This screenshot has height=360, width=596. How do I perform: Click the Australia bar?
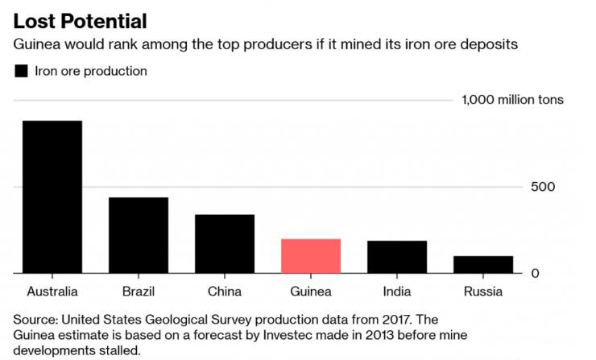(52, 197)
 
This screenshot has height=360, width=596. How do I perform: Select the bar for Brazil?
(139, 235)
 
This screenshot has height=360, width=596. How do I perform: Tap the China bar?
(225, 244)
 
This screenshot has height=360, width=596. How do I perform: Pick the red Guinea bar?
(311, 256)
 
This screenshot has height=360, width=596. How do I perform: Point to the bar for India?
(397, 257)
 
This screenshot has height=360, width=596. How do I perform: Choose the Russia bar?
(483, 265)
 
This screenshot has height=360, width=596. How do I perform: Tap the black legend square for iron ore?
(22, 71)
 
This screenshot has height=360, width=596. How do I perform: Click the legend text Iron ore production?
(91, 71)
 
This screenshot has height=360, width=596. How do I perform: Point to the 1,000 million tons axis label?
(512, 100)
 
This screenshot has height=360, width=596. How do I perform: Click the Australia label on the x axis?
(52, 291)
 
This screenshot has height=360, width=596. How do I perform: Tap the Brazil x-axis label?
(139, 291)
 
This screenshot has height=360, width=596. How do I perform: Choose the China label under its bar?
(225, 291)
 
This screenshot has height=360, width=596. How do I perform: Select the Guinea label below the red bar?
(311, 291)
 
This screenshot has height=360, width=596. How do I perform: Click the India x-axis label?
(397, 291)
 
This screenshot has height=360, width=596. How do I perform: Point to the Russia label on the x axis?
(483, 291)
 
